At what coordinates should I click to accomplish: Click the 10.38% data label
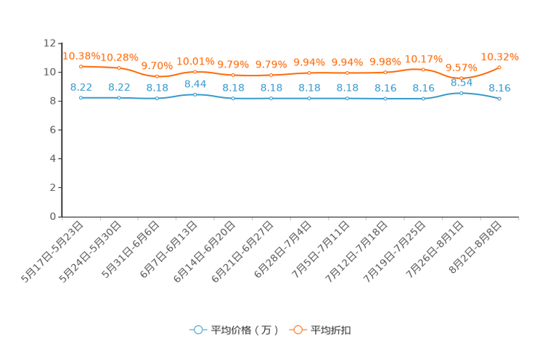coord(81,56)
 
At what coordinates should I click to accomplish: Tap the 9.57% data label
coord(462,67)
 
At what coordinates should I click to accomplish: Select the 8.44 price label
coord(195,84)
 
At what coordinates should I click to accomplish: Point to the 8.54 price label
coord(462,83)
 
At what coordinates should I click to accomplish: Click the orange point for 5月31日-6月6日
coord(157,76)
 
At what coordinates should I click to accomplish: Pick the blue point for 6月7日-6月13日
coord(195,94)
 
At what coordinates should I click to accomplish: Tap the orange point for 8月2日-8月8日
coord(499,67)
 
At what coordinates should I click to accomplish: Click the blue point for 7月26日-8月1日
coord(462,93)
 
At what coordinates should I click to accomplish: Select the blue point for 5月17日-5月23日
coord(81,98)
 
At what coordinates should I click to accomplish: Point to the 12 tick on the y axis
coord(49,43)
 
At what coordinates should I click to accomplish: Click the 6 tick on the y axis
coord(53,130)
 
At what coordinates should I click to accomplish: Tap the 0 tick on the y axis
coord(53,216)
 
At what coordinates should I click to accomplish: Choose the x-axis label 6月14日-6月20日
coord(205,252)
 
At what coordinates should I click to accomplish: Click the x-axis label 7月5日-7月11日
coord(321,250)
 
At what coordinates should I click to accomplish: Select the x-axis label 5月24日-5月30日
coord(90,252)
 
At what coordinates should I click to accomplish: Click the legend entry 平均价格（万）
coord(234,330)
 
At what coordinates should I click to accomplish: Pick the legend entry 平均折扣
coord(320,330)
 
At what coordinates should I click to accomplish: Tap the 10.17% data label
coord(424,60)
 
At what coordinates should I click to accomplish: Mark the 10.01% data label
coord(196,62)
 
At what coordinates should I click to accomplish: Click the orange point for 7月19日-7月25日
coord(423,70)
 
